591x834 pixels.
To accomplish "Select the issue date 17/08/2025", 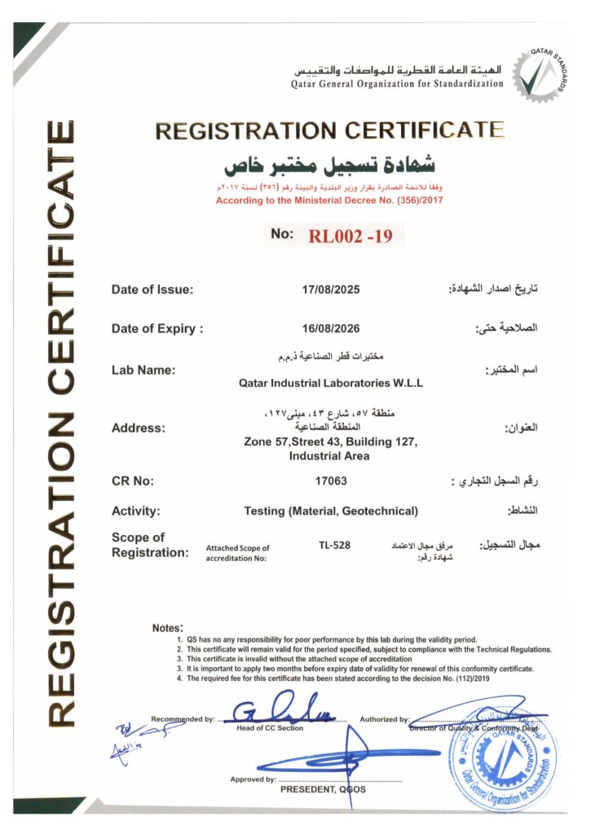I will click(x=330, y=289).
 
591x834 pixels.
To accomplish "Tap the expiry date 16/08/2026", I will click(x=330, y=329).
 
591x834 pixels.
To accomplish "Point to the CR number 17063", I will click(x=331, y=481).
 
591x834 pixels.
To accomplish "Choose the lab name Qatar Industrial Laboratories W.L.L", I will click(x=331, y=382).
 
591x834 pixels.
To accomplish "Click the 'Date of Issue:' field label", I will click(x=152, y=289).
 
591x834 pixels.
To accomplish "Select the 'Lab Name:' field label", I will click(x=143, y=370).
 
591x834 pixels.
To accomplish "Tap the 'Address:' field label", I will click(x=139, y=428).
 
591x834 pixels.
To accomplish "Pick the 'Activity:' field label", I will click(x=136, y=511).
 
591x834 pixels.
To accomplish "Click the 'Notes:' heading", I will click(x=166, y=628).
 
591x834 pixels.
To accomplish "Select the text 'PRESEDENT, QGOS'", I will click(x=323, y=790).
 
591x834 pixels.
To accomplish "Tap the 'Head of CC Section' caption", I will click(x=269, y=728).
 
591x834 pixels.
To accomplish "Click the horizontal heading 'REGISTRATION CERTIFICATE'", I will click(x=329, y=130).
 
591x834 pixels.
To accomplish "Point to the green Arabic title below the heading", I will click(x=330, y=165).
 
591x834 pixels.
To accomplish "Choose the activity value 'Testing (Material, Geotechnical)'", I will click(x=331, y=511).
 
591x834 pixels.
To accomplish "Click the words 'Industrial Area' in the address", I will click(x=329, y=456).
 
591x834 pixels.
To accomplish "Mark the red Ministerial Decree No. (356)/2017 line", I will click(x=329, y=200).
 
